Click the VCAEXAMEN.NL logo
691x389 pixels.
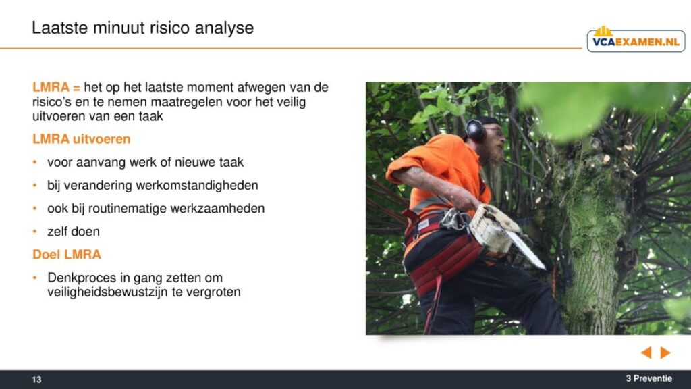click(x=636, y=40)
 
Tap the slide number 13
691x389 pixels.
click(x=36, y=380)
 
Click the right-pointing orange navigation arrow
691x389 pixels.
click(x=665, y=353)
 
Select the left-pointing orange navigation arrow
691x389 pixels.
click(x=646, y=353)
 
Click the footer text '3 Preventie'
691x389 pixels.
click(x=648, y=378)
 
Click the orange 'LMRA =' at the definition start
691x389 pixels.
click(x=56, y=87)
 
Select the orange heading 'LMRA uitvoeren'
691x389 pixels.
click(x=82, y=139)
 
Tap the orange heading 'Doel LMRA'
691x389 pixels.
click(x=67, y=255)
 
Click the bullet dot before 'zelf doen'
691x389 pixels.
click(x=35, y=231)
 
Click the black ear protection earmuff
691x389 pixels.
click(x=476, y=130)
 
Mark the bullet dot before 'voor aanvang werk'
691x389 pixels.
click(x=35, y=162)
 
